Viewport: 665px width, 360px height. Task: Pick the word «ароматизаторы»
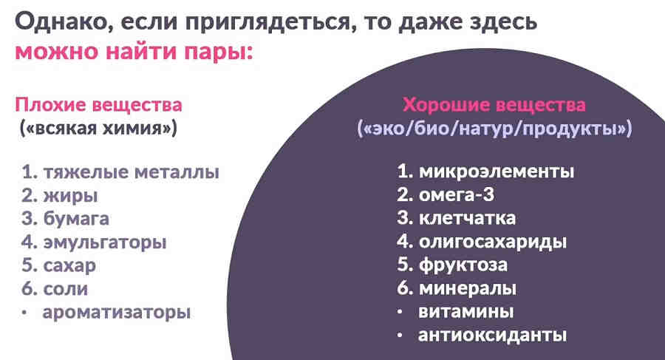pos(117,311)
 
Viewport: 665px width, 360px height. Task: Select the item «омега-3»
pos(454,195)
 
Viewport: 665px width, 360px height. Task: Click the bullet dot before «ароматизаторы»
pos(24,312)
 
